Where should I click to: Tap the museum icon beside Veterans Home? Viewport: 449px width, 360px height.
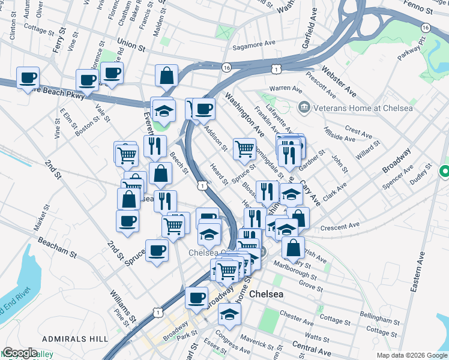304,107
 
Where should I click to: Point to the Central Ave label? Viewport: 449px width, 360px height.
312,347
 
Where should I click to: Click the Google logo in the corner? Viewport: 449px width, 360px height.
19,353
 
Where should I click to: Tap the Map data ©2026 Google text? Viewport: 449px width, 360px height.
411,355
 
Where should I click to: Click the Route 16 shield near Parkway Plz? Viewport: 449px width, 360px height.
425,28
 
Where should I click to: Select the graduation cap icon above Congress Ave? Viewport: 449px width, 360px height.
229,313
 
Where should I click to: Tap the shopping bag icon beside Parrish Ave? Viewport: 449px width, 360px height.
292,247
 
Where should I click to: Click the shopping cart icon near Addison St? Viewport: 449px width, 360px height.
244,148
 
